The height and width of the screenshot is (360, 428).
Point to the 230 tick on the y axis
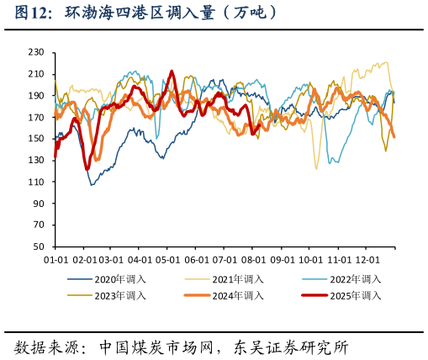click(x=36, y=52)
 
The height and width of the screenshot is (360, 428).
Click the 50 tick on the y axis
click(x=39, y=247)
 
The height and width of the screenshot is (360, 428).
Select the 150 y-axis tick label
click(x=36, y=139)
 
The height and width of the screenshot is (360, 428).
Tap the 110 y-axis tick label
click(x=36, y=183)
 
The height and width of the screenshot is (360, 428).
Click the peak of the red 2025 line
click(x=172, y=71)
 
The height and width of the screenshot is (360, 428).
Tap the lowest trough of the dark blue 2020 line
click(x=92, y=184)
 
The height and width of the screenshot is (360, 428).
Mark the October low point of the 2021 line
click(x=316, y=169)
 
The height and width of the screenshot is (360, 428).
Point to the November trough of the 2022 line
click(x=334, y=161)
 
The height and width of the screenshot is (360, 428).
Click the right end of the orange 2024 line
click(x=394, y=137)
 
